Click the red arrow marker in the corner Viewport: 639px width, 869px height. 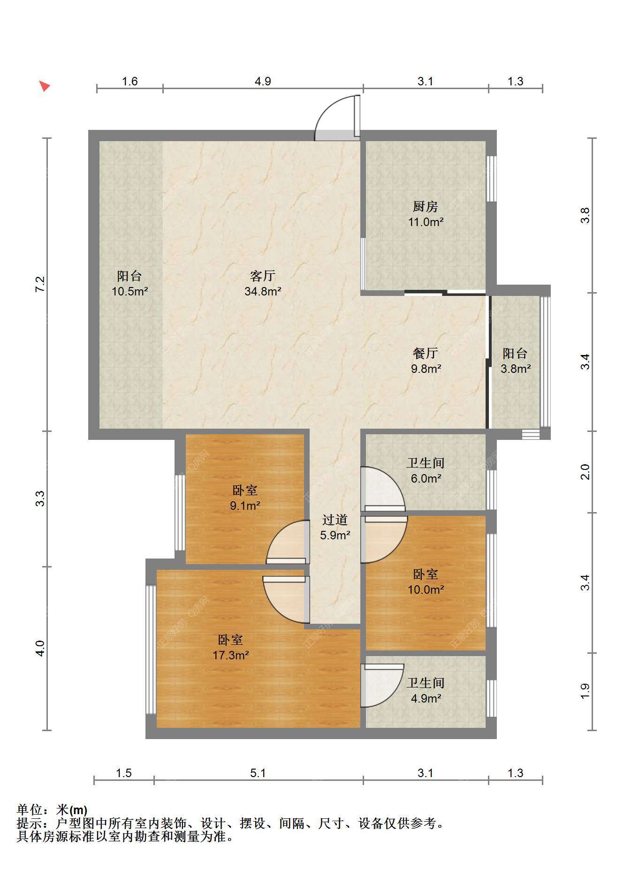coord(45,86)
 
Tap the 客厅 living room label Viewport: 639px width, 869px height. coord(263,275)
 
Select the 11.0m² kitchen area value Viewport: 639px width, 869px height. coord(426,222)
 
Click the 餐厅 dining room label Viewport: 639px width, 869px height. coord(426,353)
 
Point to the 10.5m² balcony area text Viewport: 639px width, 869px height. coord(130,291)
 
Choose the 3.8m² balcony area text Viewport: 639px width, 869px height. coord(515,369)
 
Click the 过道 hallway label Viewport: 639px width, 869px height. coord(335,520)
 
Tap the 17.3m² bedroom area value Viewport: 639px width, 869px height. coord(230,655)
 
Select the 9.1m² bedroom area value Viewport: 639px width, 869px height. coord(245,506)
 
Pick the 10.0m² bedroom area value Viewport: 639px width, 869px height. coord(426,589)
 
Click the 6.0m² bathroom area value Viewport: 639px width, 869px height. coord(426,478)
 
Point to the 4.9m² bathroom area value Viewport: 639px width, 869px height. coord(426,698)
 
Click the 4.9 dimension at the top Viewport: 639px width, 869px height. coord(263,81)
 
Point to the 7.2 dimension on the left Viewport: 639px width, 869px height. coord(40,285)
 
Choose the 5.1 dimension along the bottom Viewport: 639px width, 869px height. coord(258,773)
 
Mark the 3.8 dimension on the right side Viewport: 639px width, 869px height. coord(585,215)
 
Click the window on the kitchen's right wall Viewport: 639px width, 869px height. coord(491,178)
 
